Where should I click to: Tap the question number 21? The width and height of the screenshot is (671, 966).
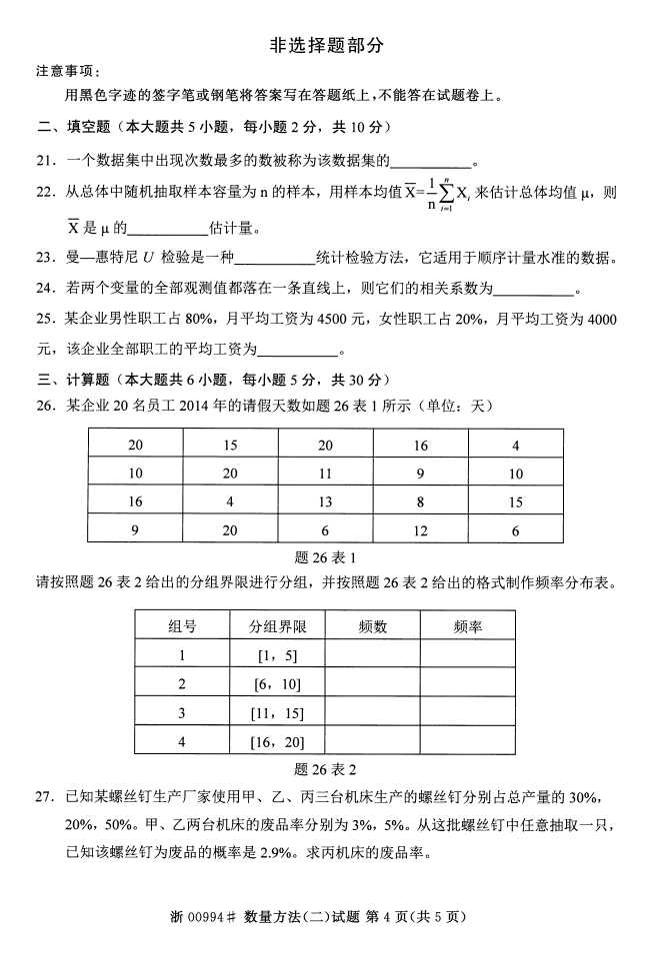click(46, 160)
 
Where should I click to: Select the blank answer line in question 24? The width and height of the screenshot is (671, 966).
click(534, 291)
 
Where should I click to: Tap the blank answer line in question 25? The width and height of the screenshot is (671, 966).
click(298, 352)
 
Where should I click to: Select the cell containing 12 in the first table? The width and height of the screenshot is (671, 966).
click(420, 532)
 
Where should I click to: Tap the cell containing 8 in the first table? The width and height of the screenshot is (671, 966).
click(420, 502)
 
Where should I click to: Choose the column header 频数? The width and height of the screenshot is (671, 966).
click(372, 627)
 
